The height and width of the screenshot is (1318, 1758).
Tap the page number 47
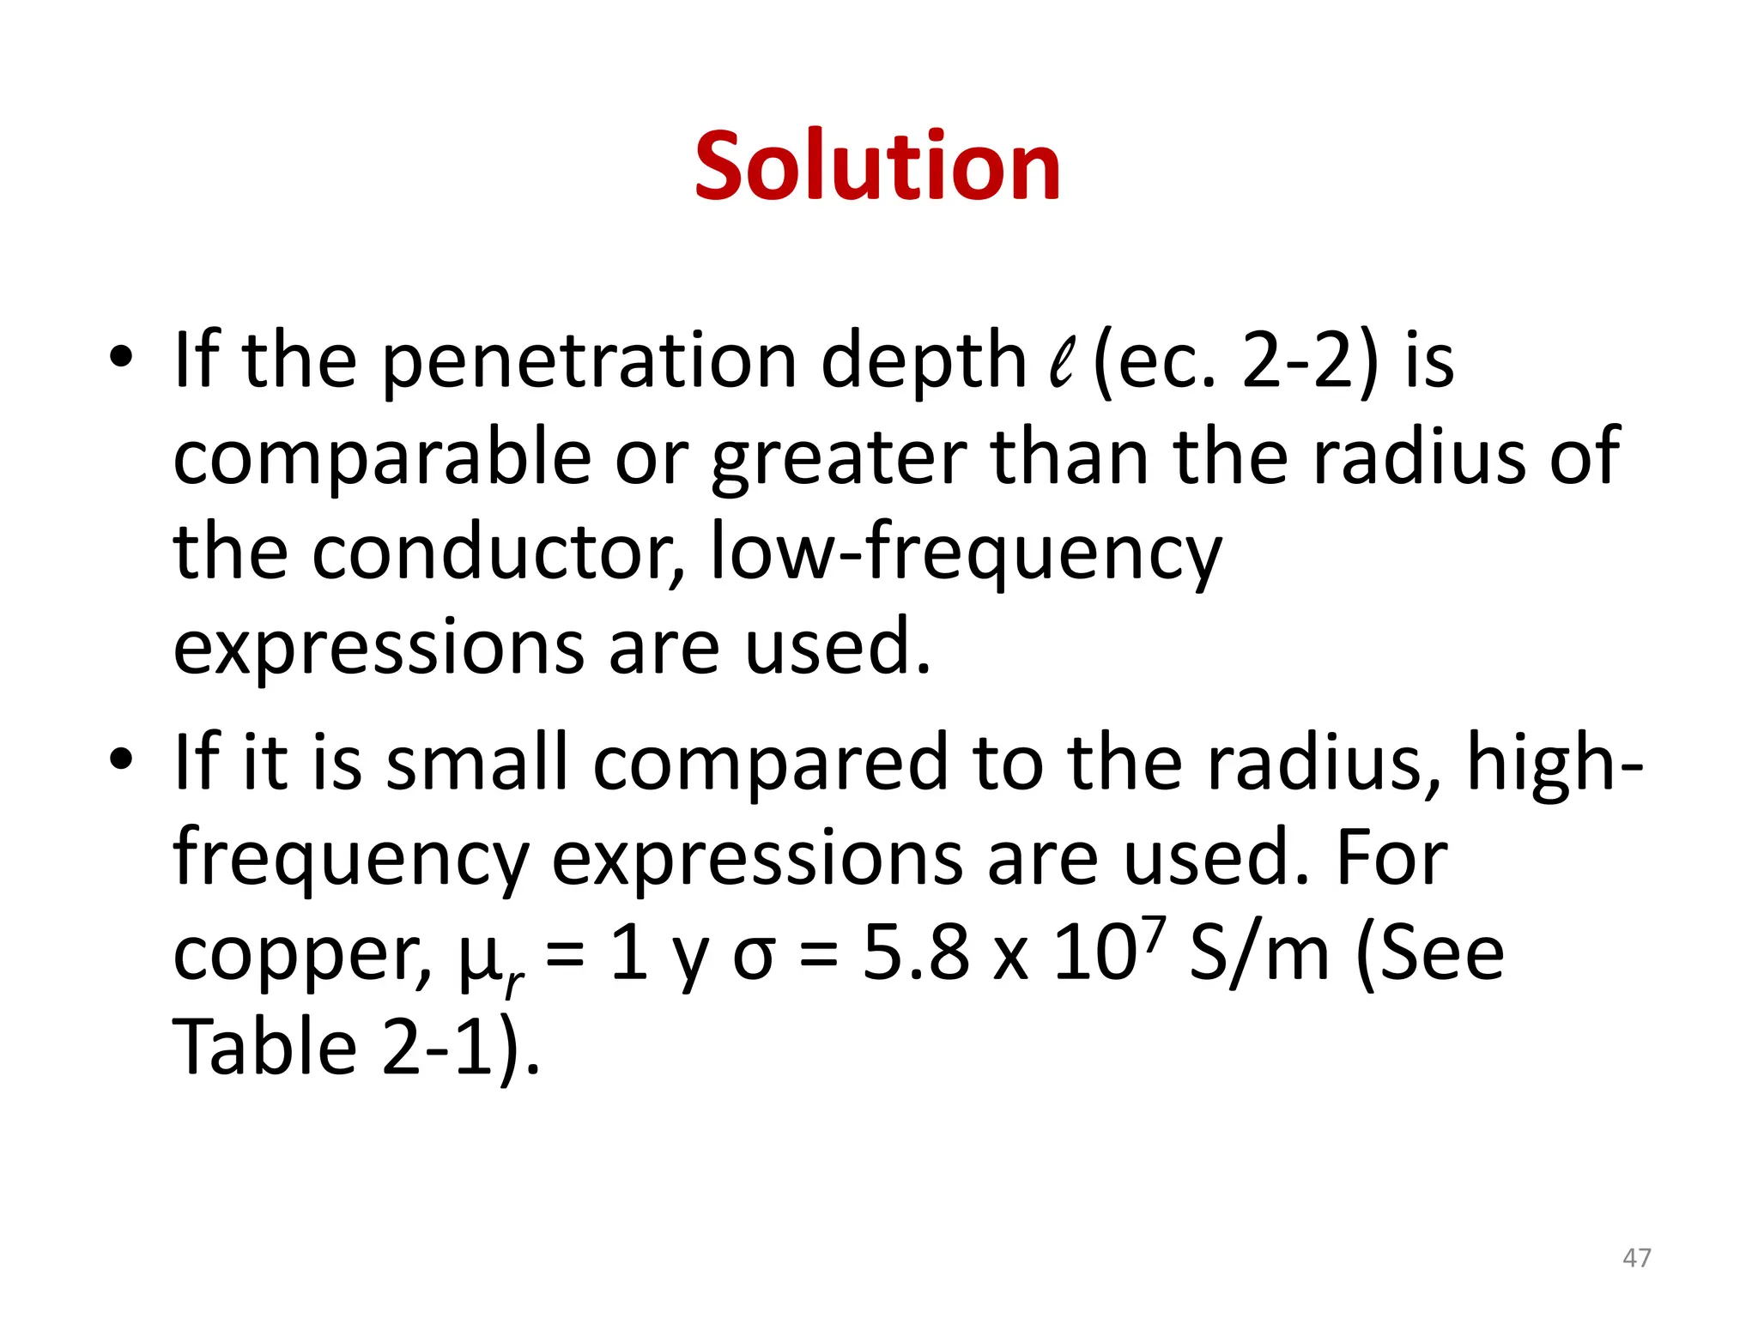(x=1636, y=1258)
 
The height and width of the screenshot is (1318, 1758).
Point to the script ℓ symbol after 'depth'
(x=1061, y=362)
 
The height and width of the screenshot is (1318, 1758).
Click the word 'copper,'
(x=302, y=954)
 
